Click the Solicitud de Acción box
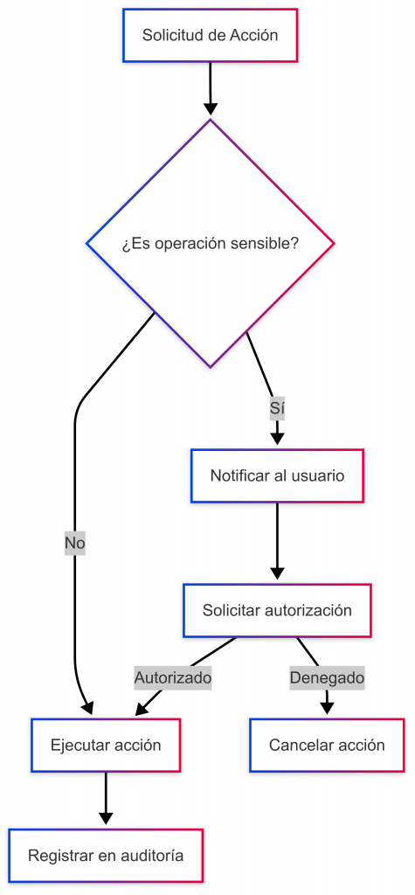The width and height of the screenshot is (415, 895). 210,35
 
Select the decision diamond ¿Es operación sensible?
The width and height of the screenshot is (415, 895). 210,243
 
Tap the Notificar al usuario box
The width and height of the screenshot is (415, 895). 277,475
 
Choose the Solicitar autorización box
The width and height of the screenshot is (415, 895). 277,610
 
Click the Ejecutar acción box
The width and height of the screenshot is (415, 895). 106,745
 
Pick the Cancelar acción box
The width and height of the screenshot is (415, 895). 327,745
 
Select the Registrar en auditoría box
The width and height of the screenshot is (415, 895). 106,856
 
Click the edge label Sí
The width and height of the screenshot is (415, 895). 277,409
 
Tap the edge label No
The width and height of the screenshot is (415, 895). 75,544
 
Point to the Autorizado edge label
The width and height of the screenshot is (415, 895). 173,678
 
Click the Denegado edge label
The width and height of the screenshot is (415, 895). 327,678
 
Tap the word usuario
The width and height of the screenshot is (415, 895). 319,475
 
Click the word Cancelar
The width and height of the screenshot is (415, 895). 294,745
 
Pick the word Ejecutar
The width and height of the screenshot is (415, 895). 75,745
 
